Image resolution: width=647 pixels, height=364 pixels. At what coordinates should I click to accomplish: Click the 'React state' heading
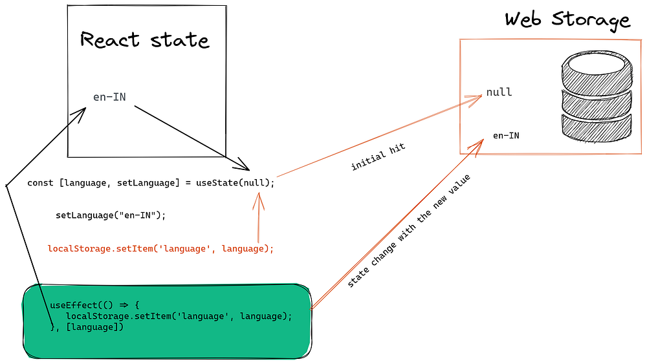tap(145, 40)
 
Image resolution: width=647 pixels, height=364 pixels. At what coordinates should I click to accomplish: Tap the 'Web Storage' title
tap(567, 19)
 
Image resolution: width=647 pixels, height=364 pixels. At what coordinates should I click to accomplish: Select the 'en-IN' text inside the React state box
tap(109, 98)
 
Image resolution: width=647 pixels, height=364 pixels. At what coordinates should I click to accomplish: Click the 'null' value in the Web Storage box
tap(499, 92)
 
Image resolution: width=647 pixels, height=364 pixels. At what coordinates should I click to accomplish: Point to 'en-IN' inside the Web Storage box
tap(505, 136)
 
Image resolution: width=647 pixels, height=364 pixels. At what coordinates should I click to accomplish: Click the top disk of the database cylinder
tap(596, 69)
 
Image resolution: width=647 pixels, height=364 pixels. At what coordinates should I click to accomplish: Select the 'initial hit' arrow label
tap(378, 157)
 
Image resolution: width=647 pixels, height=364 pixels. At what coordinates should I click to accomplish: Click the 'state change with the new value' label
tap(408, 231)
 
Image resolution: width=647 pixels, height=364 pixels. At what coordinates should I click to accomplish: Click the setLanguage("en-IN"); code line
tap(111, 215)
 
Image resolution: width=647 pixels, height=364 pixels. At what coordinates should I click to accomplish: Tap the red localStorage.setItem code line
tap(160, 248)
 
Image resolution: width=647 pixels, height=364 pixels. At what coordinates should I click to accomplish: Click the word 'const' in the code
tap(40, 183)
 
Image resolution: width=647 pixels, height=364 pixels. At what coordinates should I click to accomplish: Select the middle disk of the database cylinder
tap(596, 101)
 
